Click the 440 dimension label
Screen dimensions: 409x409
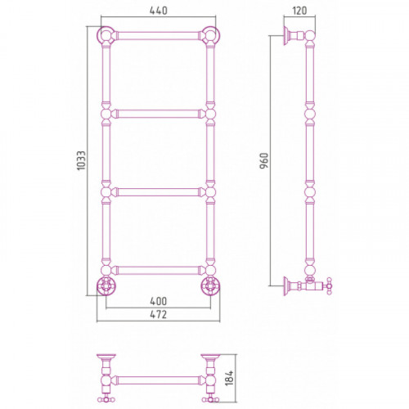158,11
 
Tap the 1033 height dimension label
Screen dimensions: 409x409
82,161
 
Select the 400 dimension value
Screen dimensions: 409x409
158,301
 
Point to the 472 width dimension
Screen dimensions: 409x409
158,314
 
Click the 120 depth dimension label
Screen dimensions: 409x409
299,11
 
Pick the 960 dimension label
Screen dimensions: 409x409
264,161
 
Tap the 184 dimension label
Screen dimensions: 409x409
230,378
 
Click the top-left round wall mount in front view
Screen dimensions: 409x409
106,35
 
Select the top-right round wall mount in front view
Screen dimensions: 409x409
210,35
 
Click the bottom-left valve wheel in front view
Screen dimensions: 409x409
106,285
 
